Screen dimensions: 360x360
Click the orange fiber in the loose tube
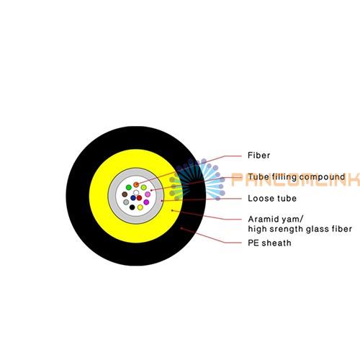click(136, 184)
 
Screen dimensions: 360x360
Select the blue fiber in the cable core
click(133, 198)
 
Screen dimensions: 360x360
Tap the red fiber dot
click(139, 198)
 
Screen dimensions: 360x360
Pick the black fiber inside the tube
click(132, 207)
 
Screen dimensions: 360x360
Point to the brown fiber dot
click(125, 194)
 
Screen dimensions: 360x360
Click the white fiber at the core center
click(136, 192)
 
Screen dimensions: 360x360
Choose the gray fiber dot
click(126, 202)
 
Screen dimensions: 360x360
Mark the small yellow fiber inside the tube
click(140, 207)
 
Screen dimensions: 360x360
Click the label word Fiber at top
click(258, 156)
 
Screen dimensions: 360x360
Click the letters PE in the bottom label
click(253, 243)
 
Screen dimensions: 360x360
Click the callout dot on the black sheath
click(181, 228)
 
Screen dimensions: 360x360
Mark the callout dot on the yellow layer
click(172, 210)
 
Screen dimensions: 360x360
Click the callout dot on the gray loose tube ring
click(162, 201)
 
